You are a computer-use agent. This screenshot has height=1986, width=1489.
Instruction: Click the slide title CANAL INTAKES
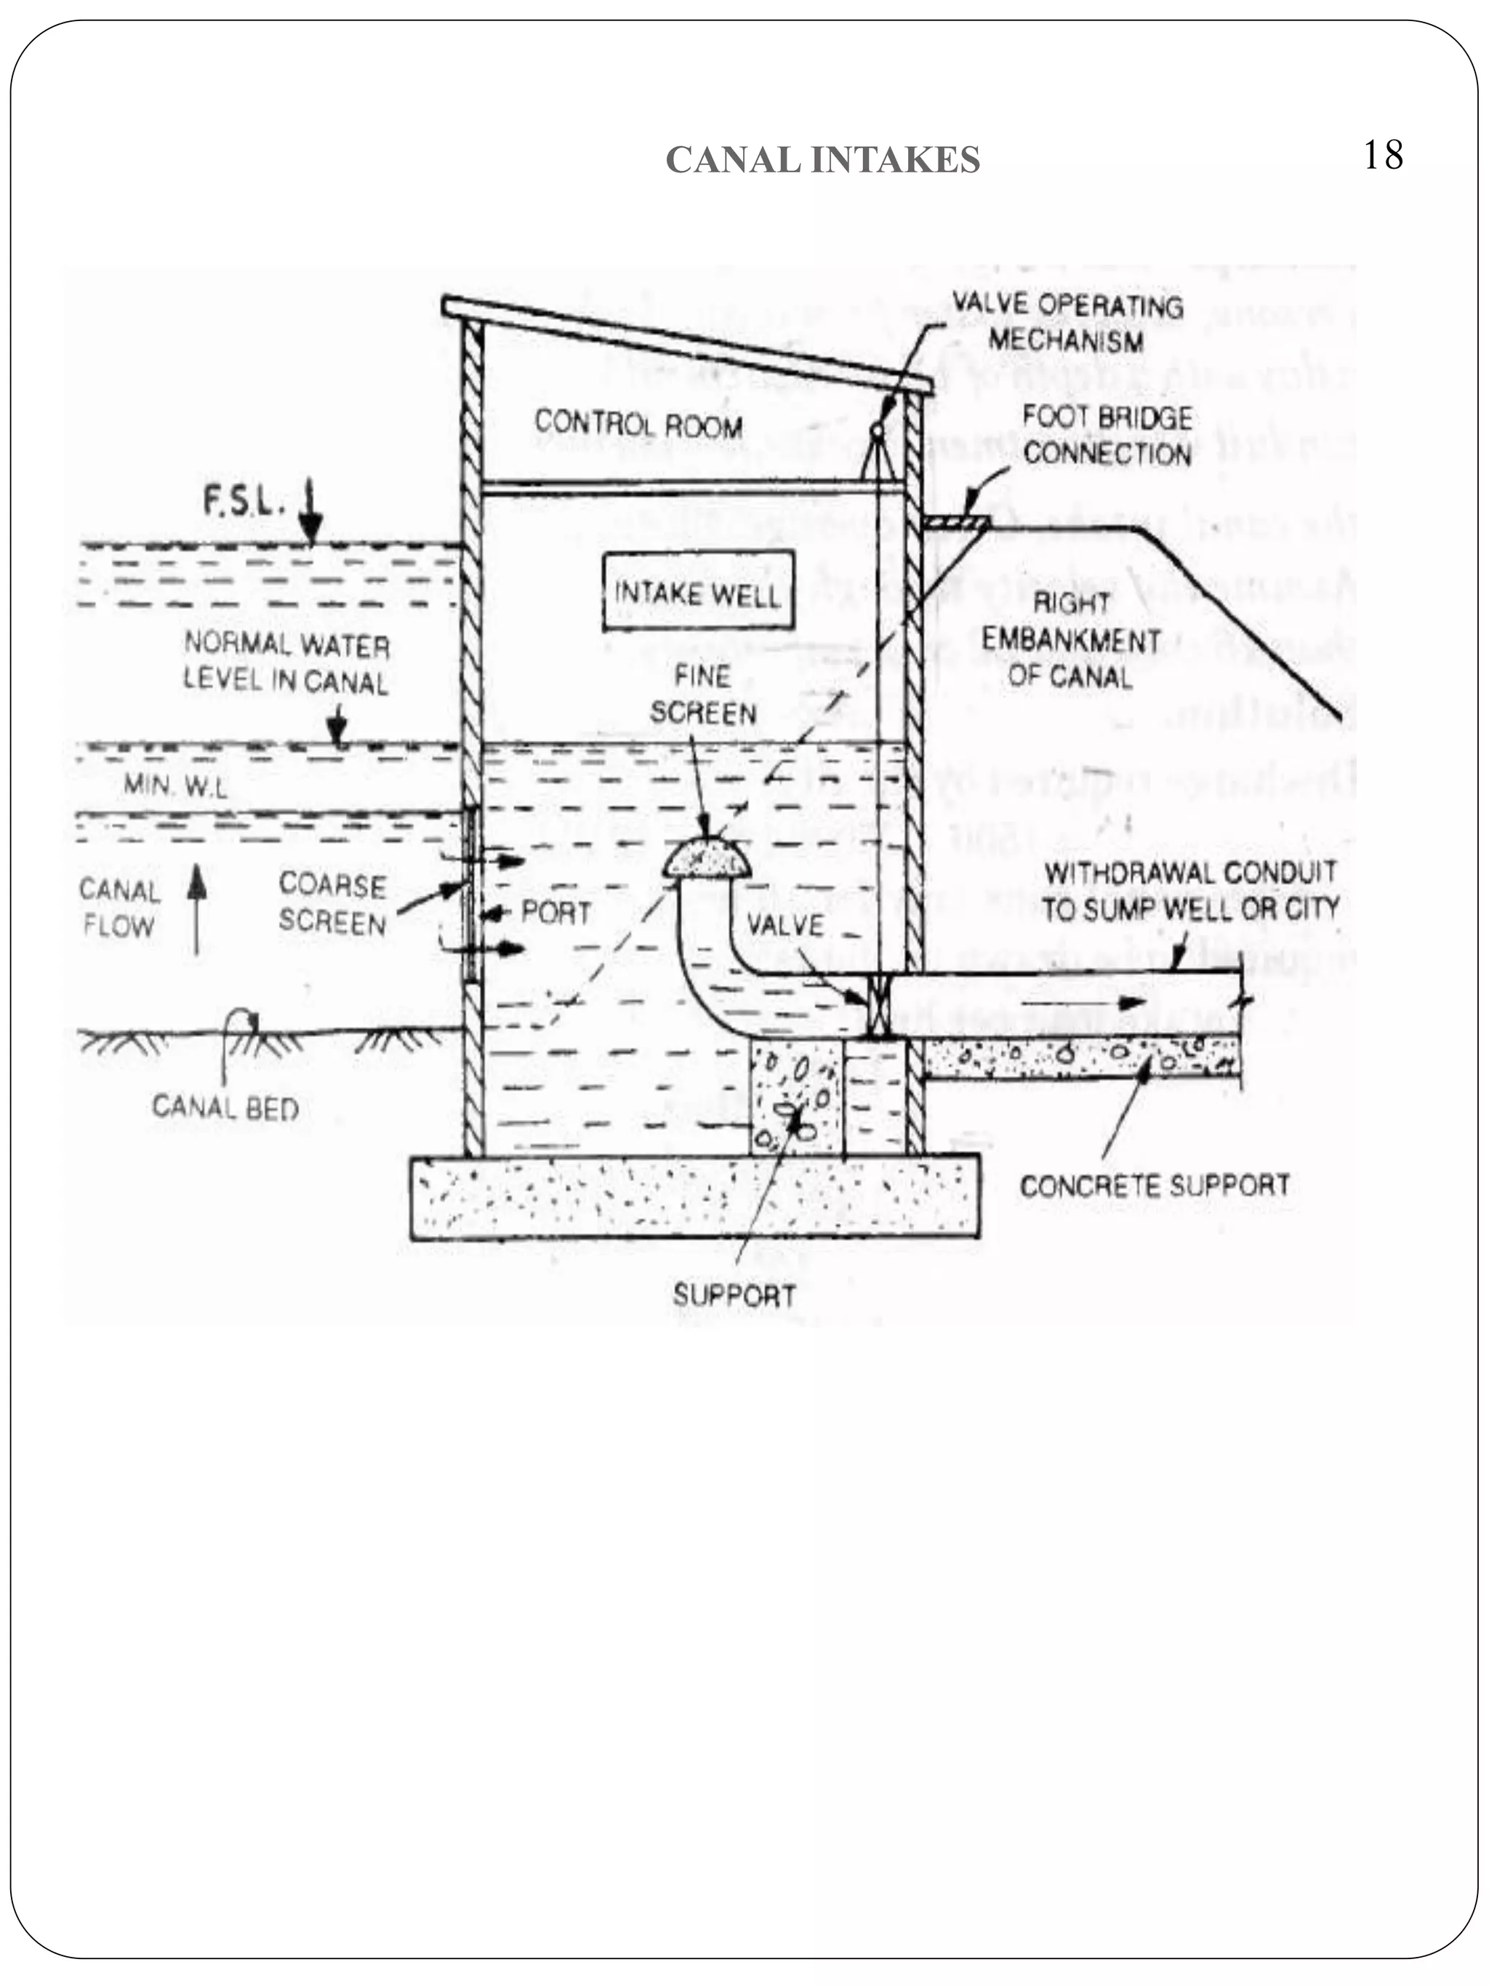pyautogui.click(x=822, y=160)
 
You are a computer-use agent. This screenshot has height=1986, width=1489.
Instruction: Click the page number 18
pyautogui.click(x=1382, y=156)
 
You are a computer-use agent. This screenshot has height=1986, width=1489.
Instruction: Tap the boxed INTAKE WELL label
pyautogui.click(x=697, y=593)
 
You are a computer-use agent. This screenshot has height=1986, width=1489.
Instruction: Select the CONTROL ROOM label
pyautogui.click(x=638, y=424)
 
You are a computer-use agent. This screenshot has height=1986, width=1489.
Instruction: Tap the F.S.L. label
pyautogui.click(x=244, y=502)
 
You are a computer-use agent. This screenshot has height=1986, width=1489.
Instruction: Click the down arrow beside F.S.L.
pyautogui.click(x=310, y=513)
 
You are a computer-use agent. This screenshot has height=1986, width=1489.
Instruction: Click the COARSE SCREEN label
pyautogui.click(x=332, y=904)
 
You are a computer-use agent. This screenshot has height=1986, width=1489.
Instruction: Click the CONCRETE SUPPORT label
pyautogui.click(x=1155, y=1185)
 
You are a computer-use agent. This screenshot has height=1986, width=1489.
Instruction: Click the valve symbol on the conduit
pyautogui.click(x=875, y=1006)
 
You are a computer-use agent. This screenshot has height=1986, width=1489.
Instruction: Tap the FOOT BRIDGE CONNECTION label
pyautogui.click(x=1107, y=436)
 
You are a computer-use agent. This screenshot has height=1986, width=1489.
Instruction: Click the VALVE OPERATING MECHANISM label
pyautogui.click(x=1067, y=323)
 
